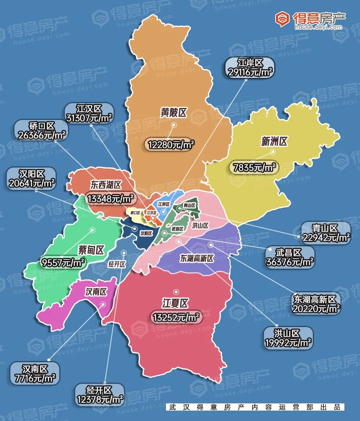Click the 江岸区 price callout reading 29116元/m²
pos(250,68)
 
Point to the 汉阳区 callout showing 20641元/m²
pos(32,178)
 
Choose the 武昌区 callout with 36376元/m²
pos(289,257)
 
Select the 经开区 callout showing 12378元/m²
pos(99,395)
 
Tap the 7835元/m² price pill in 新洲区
pos(254,168)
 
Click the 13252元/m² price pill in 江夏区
pos(175,317)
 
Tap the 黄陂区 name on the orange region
pos(174,113)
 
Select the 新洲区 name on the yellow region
pos(274,141)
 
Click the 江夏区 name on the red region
pos(175,303)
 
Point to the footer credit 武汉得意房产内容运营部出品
pos(255,407)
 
